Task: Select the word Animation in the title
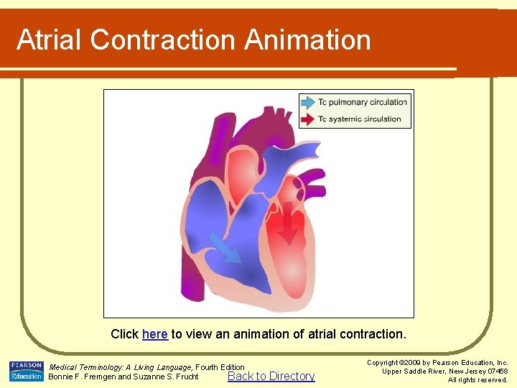pos(307,40)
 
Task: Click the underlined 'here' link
pos(154,334)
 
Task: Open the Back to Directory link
pos(271,376)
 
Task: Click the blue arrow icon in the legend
pos(308,102)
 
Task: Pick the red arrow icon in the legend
pos(308,119)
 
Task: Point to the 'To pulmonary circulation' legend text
pos(363,102)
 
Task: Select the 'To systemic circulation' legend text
pos(360,119)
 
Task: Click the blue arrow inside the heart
pos(228,247)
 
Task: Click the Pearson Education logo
pos(27,371)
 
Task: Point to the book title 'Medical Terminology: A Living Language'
pos(121,367)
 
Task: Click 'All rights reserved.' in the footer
pos(478,380)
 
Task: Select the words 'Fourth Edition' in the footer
pos(220,367)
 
